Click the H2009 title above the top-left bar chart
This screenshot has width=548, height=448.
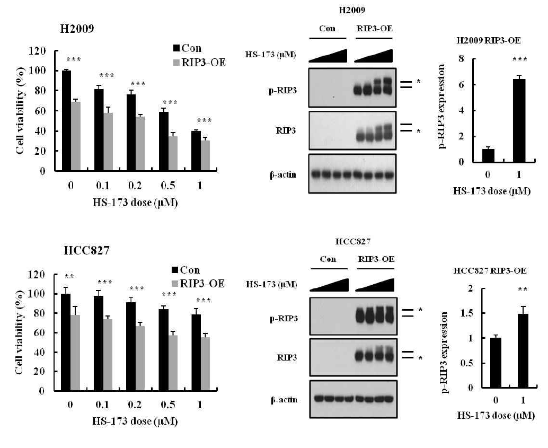pyautogui.click(x=77, y=29)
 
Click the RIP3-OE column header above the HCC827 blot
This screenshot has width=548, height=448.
pyautogui.click(x=375, y=259)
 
